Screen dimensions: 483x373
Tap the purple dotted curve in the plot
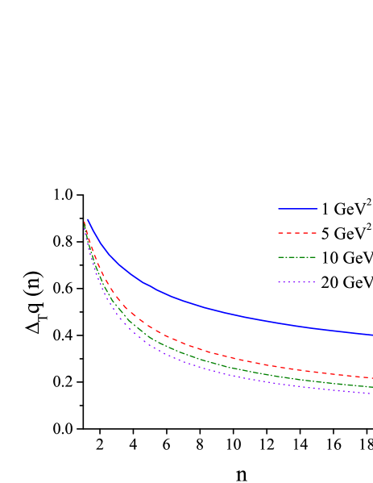[201, 370]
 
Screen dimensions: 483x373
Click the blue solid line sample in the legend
[296, 209]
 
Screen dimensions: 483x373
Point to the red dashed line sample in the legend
[296, 234]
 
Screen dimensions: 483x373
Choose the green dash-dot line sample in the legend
[296, 258]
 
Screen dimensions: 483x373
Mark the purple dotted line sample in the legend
[296, 282]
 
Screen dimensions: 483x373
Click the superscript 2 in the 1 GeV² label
[369, 203]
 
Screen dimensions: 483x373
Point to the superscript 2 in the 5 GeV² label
[369, 228]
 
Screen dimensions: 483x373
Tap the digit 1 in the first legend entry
[325, 210]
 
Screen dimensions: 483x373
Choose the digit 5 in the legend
[325, 235]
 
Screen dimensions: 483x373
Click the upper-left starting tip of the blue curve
[87, 219]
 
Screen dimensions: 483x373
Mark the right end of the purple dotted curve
[371, 393]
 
